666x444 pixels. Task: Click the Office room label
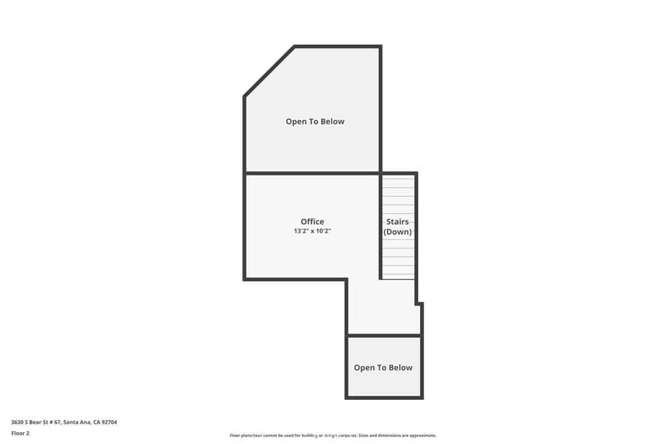tap(312, 222)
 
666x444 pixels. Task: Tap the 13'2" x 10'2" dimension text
tap(312, 231)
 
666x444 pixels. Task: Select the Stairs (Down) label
tap(397, 227)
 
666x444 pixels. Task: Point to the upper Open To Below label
tap(315, 122)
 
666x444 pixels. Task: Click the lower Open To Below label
tap(383, 368)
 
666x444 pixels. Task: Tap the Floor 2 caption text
tap(20, 433)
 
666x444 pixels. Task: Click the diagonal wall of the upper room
tap(269, 72)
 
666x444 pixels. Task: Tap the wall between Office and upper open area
tap(312, 173)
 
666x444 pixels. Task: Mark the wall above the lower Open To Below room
tap(384, 335)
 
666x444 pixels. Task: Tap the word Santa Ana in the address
tap(77, 422)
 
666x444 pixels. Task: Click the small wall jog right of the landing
tap(420, 304)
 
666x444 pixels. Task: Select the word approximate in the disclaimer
tap(422, 436)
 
